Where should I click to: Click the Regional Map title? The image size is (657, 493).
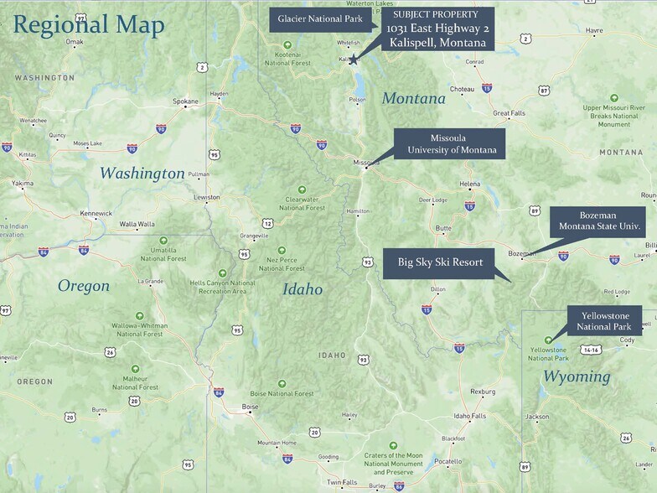click(89, 24)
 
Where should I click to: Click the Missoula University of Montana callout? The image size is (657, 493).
click(452, 143)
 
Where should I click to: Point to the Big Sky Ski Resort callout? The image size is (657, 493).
click(441, 262)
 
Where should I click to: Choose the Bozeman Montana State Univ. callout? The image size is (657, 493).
click(598, 221)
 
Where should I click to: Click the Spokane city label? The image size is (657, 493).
click(185, 101)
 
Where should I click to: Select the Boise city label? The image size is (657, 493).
click(250, 407)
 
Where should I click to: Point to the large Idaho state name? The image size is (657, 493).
click(302, 289)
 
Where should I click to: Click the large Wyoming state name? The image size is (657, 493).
click(577, 376)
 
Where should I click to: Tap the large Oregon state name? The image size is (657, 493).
click(83, 286)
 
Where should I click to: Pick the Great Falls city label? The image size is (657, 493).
click(508, 112)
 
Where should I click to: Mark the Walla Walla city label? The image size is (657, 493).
click(137, 224)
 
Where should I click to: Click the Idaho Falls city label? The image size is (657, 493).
click(469, 416)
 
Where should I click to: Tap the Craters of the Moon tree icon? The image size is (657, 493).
click(393, 445)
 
